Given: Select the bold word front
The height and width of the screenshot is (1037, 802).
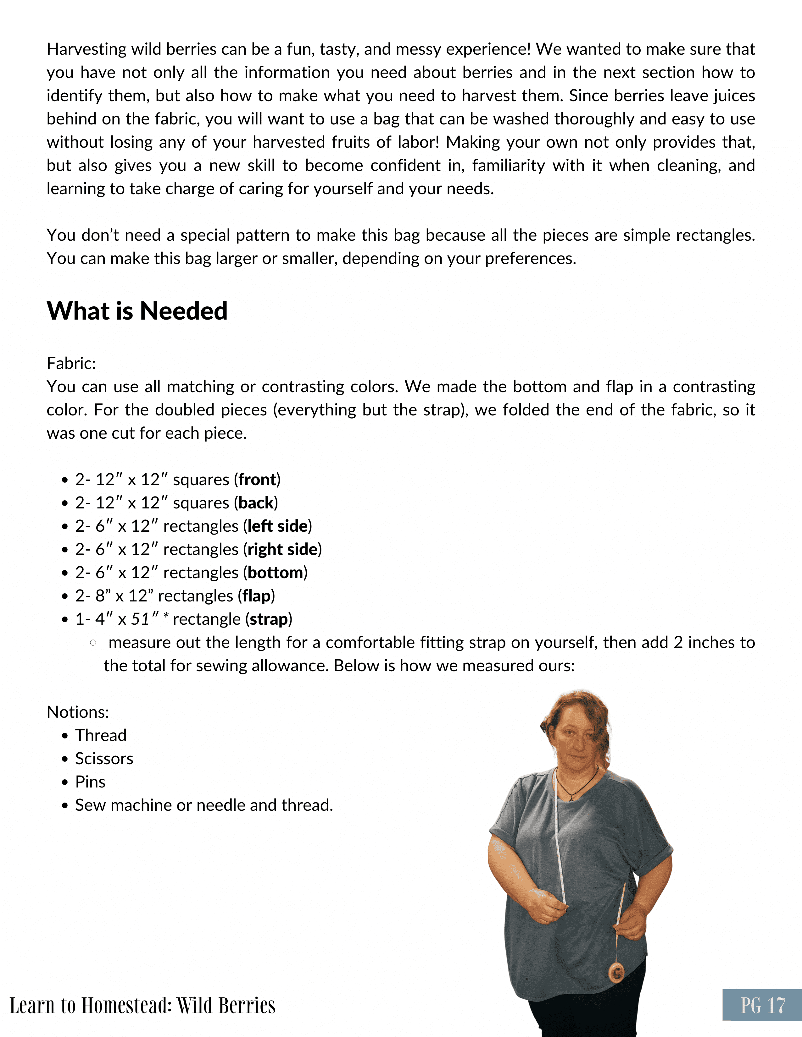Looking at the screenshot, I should [x=257, y=480].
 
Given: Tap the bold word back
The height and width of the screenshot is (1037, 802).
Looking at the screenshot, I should [x=256, y=503].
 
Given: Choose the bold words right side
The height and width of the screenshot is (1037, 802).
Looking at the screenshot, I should [x=282, y=549].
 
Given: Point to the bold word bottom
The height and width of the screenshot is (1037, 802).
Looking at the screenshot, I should [x=275, y=573].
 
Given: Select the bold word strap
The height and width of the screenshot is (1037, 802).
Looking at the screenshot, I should [x=269, y=619].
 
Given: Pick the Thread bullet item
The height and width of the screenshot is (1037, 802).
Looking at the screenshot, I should [x=101, y=736].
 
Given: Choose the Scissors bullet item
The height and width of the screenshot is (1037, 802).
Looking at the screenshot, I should [x=104, y=759].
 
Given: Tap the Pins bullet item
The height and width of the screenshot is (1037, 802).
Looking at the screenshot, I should [x=90, y=782].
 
